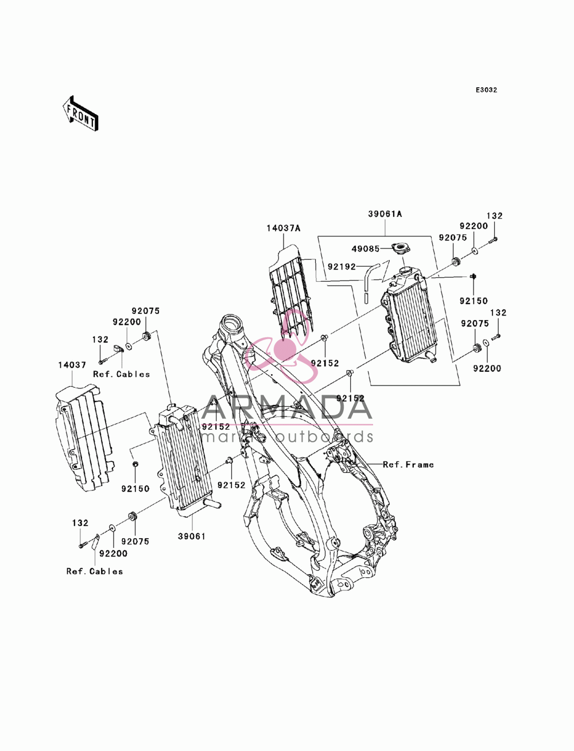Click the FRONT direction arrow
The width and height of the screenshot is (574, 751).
click(81, 114)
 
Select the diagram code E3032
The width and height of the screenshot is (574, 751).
click(486, 90)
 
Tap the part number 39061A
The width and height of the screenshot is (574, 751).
click(385, 214)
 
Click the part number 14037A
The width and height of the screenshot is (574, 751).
click(284, 228)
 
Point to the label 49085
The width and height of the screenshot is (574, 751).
click(366, 249)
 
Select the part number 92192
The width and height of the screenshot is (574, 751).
click(342, 267)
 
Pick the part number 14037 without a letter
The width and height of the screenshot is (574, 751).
click(72, 365)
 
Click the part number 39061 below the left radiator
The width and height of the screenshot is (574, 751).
click(192, 536)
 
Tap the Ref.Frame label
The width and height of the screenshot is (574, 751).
click(408, 465)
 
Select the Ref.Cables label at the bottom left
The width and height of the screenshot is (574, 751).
click(95, 571)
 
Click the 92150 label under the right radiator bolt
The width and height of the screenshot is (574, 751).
click(474, 301)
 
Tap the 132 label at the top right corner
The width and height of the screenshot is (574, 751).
click(495, 216)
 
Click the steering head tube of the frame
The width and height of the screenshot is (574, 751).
click(232, 324)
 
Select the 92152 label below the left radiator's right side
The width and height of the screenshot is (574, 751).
click(231, 485)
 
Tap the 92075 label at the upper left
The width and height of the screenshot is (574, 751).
click(146, 311)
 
